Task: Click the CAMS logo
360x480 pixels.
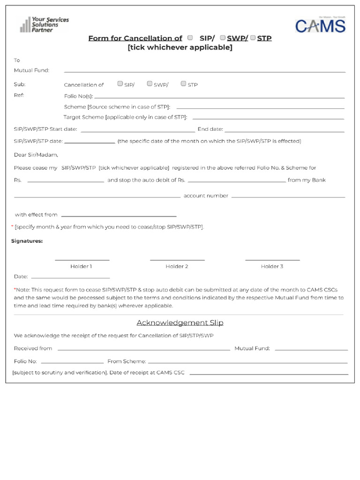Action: [x=320, y=25]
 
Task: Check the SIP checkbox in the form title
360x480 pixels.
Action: [x=190, y=37]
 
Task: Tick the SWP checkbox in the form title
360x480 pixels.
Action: [x=223, y=37]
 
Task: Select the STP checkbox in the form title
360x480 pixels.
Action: [x=253, y=37]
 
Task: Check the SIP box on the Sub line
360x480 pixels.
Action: [x=120, y=84]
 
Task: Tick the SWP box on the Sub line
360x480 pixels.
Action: [x=150, y=84]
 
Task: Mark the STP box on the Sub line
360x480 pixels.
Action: [x=183, y=84]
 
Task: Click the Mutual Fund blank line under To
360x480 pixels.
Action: [x=204, y=72]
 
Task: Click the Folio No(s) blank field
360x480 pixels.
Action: [x=219, y=97]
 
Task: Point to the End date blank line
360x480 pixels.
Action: [x=284, y=131]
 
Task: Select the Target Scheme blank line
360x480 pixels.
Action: [x=268, y=118]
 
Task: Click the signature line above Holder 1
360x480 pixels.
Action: [x=82, y=259]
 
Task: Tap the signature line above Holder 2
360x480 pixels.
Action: [x=177, y=259]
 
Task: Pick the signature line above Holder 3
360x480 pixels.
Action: [x=272, y=259]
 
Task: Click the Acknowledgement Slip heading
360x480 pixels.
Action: [x=180, y=322]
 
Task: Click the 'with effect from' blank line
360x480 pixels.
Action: [x=118, y=216]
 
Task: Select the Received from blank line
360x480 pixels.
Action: [x=143, y=350]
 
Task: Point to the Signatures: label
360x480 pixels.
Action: [x=27, y=241]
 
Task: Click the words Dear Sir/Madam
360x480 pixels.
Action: [x=36, y=155]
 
